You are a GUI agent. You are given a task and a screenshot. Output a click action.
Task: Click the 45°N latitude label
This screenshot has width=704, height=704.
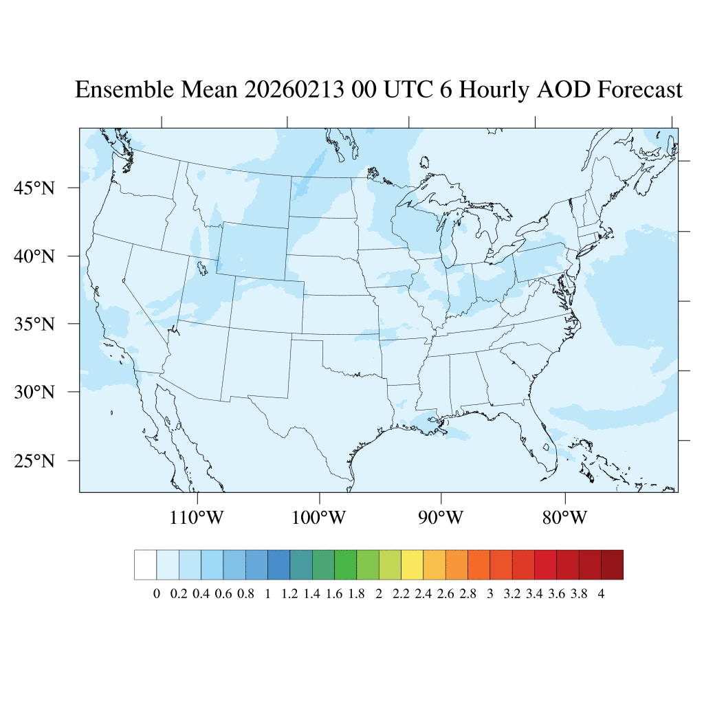(x=34, y=188)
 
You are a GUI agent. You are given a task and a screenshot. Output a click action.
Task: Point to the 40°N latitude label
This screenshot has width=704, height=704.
(x=34, y=256)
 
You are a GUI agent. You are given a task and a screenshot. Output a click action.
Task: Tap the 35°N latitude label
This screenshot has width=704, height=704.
(x=34, y=324)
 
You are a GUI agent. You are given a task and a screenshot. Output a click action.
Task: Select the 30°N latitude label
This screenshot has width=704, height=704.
(x=34, y=393)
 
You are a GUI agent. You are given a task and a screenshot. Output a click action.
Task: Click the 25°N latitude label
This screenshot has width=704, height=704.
(x=34, y=461)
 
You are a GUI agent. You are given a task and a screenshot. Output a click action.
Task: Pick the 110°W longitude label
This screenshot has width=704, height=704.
(x=197, y=516)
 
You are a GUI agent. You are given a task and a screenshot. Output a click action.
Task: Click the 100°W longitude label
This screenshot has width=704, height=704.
(x=320, y=516)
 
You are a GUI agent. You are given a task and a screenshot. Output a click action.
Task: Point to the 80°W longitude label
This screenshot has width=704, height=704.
(x=564, y=516)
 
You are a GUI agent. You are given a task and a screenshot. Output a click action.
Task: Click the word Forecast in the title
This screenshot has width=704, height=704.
(x=640, y=90)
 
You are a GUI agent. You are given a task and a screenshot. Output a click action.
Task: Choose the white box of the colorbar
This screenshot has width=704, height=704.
(x=146, y=564)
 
